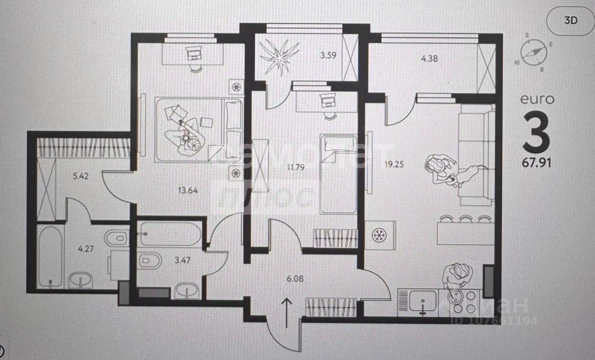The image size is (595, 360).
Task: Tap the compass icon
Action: [x=533, y=52]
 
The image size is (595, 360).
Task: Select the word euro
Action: [x=537, y=99]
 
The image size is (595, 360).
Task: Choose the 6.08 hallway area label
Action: [x=296, y=279]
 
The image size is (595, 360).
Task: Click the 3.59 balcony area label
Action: [x=328, y=55]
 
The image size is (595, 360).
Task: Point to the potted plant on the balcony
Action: [x=279, y=56]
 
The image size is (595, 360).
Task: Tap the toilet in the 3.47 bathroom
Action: [x=149, y=261]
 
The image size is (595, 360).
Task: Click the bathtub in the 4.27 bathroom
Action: [x=50, y=255]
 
